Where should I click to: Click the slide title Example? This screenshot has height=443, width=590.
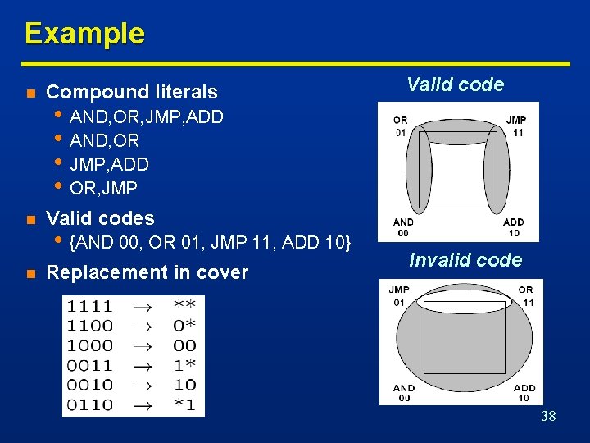(84, 34)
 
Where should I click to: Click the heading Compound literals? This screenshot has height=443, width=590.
(132, 92)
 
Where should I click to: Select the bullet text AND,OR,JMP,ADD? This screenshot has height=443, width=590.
(147, 116)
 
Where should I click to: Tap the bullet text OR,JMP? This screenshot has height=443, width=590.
(103, 188)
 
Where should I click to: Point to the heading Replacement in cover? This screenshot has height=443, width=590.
(147, 272)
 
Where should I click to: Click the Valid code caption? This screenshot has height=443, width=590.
(455, 84)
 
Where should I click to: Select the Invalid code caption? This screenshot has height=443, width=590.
(465, 260)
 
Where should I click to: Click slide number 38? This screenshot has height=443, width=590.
(548, 416)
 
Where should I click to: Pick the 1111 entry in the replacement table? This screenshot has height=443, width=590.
(89, 306)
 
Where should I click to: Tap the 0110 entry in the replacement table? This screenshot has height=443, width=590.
(89, 404)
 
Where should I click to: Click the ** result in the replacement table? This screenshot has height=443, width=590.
(184, 306)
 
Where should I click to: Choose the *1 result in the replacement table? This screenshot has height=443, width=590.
(184, 404)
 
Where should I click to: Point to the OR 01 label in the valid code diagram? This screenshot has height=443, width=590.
(401, 126)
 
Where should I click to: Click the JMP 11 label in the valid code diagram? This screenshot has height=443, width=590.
(516, 126)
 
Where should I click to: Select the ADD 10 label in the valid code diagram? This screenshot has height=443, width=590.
(514, 227)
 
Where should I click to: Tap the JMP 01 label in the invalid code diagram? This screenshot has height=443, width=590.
(399, 295)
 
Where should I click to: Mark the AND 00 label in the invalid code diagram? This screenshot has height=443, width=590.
(403, 393)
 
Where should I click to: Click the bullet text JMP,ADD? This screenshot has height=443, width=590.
(109, 164)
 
